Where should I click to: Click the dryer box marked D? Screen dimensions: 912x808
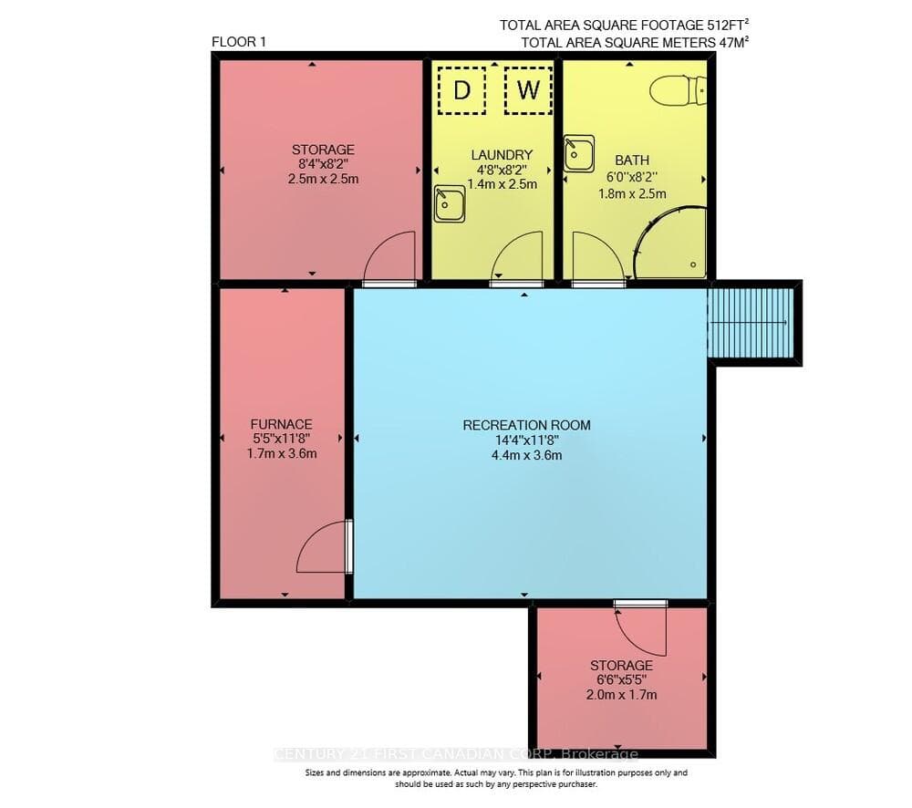point(461,90)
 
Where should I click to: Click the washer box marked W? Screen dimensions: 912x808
point(528,90)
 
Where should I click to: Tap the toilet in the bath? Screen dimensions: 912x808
point(678,91)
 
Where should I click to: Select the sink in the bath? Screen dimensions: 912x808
point(579,153)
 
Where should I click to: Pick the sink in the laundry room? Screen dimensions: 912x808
point(449,203)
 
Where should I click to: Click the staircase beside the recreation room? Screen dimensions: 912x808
point(751,323)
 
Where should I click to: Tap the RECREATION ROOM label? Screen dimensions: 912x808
point(526,425)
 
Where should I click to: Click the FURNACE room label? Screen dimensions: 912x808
point(282,424)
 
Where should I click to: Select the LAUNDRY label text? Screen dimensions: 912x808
point(502,155)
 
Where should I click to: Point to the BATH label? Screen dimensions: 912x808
point(632,160)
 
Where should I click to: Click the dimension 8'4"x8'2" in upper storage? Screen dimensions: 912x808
point(323,164)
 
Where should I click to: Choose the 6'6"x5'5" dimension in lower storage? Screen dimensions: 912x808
point(621,679)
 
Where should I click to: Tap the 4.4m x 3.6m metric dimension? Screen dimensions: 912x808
point(526,455)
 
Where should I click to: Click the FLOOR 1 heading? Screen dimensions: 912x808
point(239,42)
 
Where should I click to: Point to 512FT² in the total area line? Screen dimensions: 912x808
point(728,25)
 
